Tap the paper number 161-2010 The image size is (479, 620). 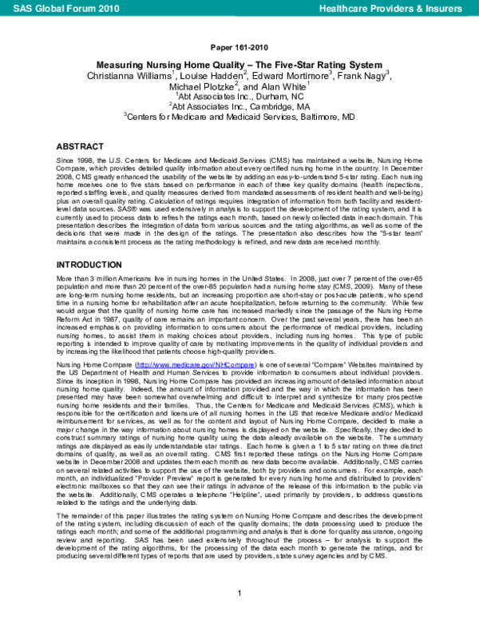pos(239,46)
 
